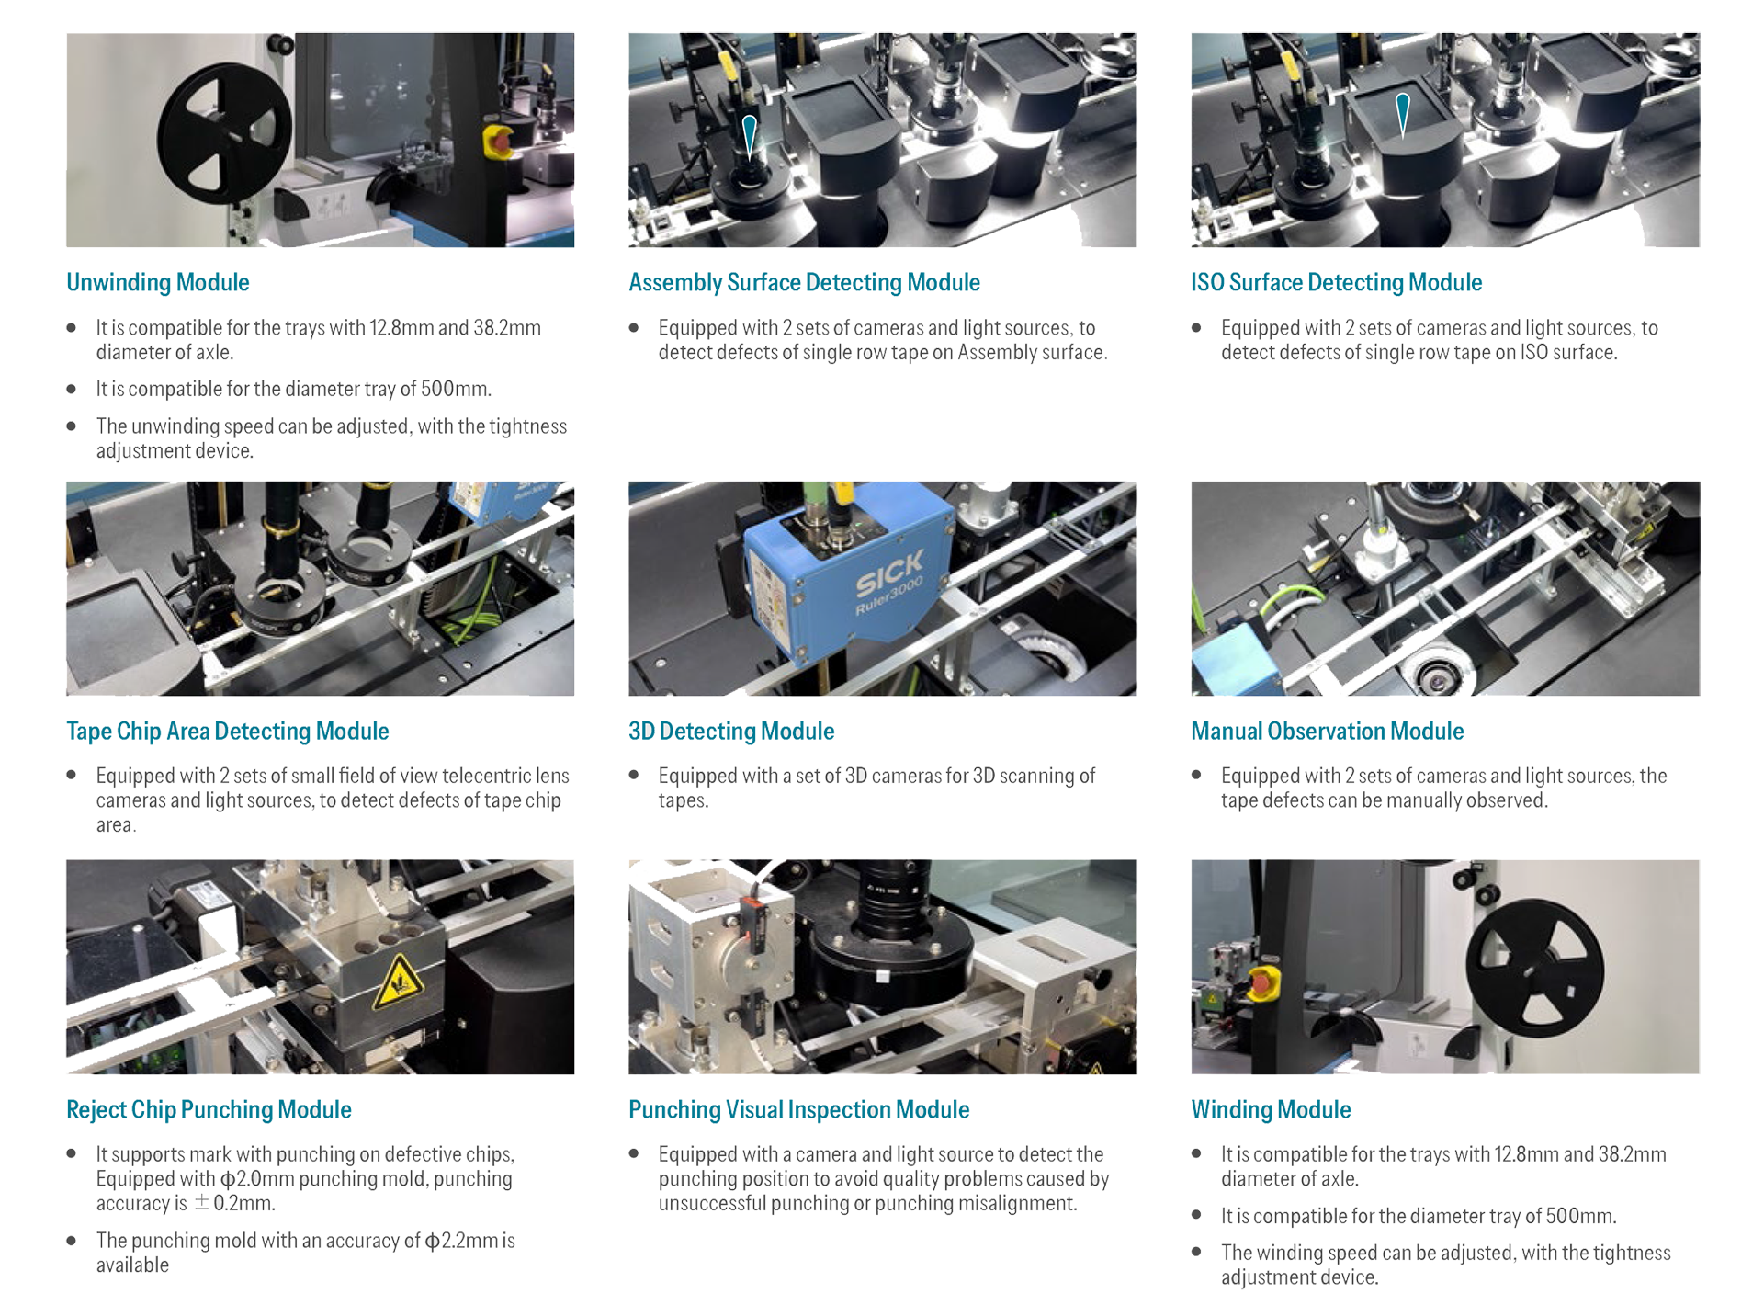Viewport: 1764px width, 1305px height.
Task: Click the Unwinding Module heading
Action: [158, 282]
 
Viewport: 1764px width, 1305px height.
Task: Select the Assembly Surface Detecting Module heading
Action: [804, 282]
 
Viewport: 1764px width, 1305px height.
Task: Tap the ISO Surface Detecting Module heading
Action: [1336, 282]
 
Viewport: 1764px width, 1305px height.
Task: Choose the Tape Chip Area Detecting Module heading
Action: [228, 731]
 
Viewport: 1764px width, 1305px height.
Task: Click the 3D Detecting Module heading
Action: [731, 731]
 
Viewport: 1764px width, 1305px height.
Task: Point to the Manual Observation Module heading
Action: [1327, 731]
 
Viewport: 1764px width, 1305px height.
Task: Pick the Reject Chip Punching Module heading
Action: [209, 1109]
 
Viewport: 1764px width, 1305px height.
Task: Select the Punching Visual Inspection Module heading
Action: [798, 1109]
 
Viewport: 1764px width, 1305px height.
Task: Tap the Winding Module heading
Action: [1271, 1109]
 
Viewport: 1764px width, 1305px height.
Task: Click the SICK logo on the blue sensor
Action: [888, 573]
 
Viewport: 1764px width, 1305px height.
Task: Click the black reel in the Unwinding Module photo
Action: [224, 134]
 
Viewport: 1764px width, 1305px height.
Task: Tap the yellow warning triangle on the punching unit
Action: [397, 982]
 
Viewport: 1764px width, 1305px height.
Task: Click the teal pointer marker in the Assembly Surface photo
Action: [750, 136]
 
